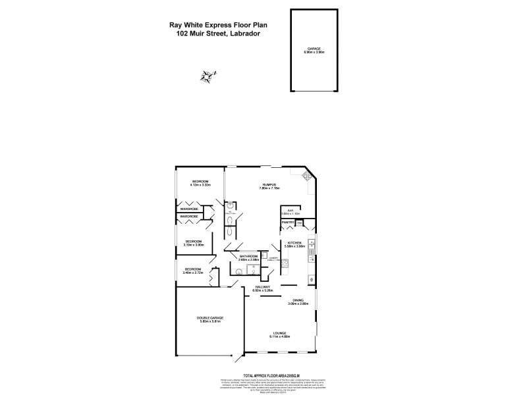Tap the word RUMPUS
(x=268, y=184)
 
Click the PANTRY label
(x=288, y=223)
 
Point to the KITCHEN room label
(x=294, y=243)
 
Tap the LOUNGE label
(x=281, y=333)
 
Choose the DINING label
(x=298, y=300)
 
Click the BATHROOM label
(x=248, y=255)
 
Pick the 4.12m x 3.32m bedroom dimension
(x=200, y=185)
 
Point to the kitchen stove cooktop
(x=312, y=247)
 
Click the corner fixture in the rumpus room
(x=305, y=176)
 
